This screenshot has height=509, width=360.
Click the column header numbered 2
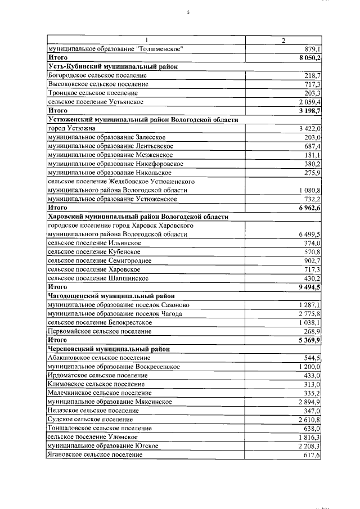click(x=283, y=40)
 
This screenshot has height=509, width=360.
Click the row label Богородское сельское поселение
click(x=97, y=75)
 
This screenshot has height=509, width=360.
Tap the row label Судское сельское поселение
click(x=90, y=419)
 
